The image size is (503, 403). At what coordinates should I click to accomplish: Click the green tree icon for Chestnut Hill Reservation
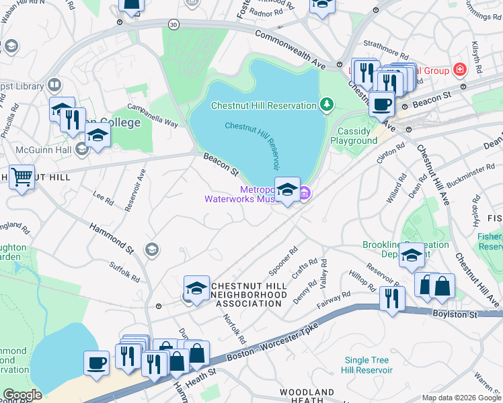click(x=327, y=104)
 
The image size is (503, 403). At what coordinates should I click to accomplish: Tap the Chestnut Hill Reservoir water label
click(x=252, y=144)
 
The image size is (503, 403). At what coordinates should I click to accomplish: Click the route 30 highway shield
click(x=174, y=24)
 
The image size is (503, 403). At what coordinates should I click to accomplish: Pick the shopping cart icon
click(x=22, y=178)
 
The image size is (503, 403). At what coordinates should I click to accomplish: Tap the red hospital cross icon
click(x=460, y=69)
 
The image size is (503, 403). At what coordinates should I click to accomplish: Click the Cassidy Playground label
click(x=354, y=136)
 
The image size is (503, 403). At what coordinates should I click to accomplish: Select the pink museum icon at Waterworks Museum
click(x=304, y=194)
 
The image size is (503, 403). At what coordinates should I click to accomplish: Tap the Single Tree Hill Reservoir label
click(x=367, y=365)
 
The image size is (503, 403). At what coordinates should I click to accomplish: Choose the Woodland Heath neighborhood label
click(x=307, y=396)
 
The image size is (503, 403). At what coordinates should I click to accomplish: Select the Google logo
click(x=22, y=395)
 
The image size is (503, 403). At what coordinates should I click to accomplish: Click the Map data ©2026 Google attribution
click(x=461, y=398)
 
